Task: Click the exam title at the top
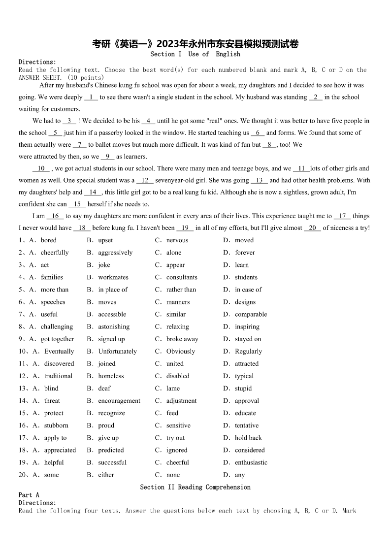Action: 195,44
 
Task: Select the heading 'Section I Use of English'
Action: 195,54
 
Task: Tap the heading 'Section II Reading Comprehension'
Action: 195,487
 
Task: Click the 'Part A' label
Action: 29,495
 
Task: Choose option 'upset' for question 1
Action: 105,240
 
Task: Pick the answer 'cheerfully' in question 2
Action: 55,253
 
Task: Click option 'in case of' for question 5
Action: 248,290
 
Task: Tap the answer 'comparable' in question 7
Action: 251,314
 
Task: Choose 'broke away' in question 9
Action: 182,339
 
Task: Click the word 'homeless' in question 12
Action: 111,376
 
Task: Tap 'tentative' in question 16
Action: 246,425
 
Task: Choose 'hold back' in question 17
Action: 248,438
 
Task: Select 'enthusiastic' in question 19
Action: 251,462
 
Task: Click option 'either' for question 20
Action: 106,475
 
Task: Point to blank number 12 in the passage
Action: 145,180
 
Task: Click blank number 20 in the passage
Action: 312,228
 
